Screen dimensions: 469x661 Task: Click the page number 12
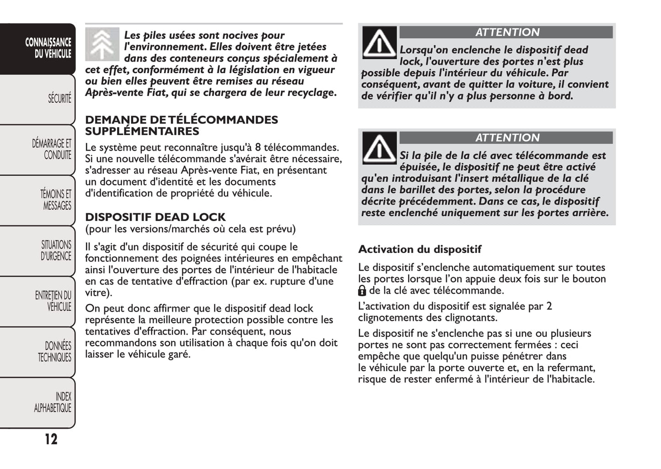tap(51, 439)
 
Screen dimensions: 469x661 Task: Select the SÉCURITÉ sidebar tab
tap(59, 98)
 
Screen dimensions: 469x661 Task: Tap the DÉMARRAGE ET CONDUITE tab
tap(51, 149)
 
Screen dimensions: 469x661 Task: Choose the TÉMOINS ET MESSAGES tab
tap(55, 200)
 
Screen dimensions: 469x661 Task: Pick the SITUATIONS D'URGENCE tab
tap(56, 250)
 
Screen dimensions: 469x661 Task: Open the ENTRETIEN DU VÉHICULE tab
tap(53, 301)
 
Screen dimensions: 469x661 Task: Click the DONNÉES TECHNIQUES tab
tap(55, 352)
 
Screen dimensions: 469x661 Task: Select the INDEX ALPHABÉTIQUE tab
tap(53, 402)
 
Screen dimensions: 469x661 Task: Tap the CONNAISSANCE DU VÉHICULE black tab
tap(48, 48)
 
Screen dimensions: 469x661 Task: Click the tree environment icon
tap(102, 44)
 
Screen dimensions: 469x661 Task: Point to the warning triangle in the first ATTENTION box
tap(379, 43)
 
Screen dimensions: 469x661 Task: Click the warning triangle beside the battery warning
tap(379, 148)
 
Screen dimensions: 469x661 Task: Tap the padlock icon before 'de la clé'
tap(362, 291)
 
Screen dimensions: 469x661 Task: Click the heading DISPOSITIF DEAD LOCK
tap(155, 217)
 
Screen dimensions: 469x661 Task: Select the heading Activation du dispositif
tap(419, 250)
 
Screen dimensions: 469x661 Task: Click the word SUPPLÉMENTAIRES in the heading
tap(142, 132)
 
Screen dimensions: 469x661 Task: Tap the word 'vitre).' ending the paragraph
tap(98, 293)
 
